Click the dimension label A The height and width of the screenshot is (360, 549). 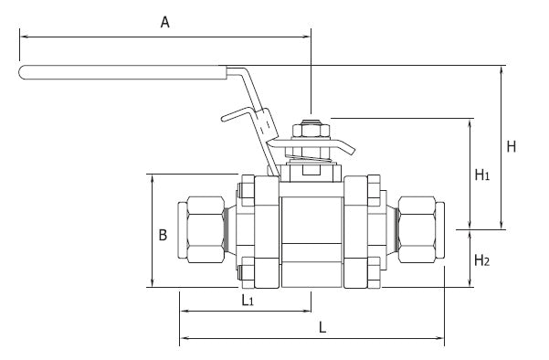point(165,23)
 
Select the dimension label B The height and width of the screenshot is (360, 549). point(163,235)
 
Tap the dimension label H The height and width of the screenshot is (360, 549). point(512,146)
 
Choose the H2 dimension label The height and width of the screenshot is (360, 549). point(482,260)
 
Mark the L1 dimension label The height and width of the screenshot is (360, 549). point(246,299)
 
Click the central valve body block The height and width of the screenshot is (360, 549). point(311,233)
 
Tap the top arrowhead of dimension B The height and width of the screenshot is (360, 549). point(151,178)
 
